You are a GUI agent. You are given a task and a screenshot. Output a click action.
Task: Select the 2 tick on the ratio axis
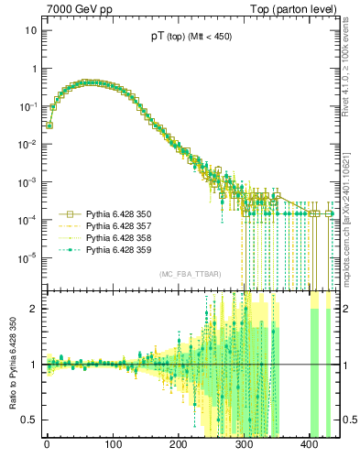pos(35,309)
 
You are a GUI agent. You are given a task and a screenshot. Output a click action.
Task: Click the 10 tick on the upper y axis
pos(31,30)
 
